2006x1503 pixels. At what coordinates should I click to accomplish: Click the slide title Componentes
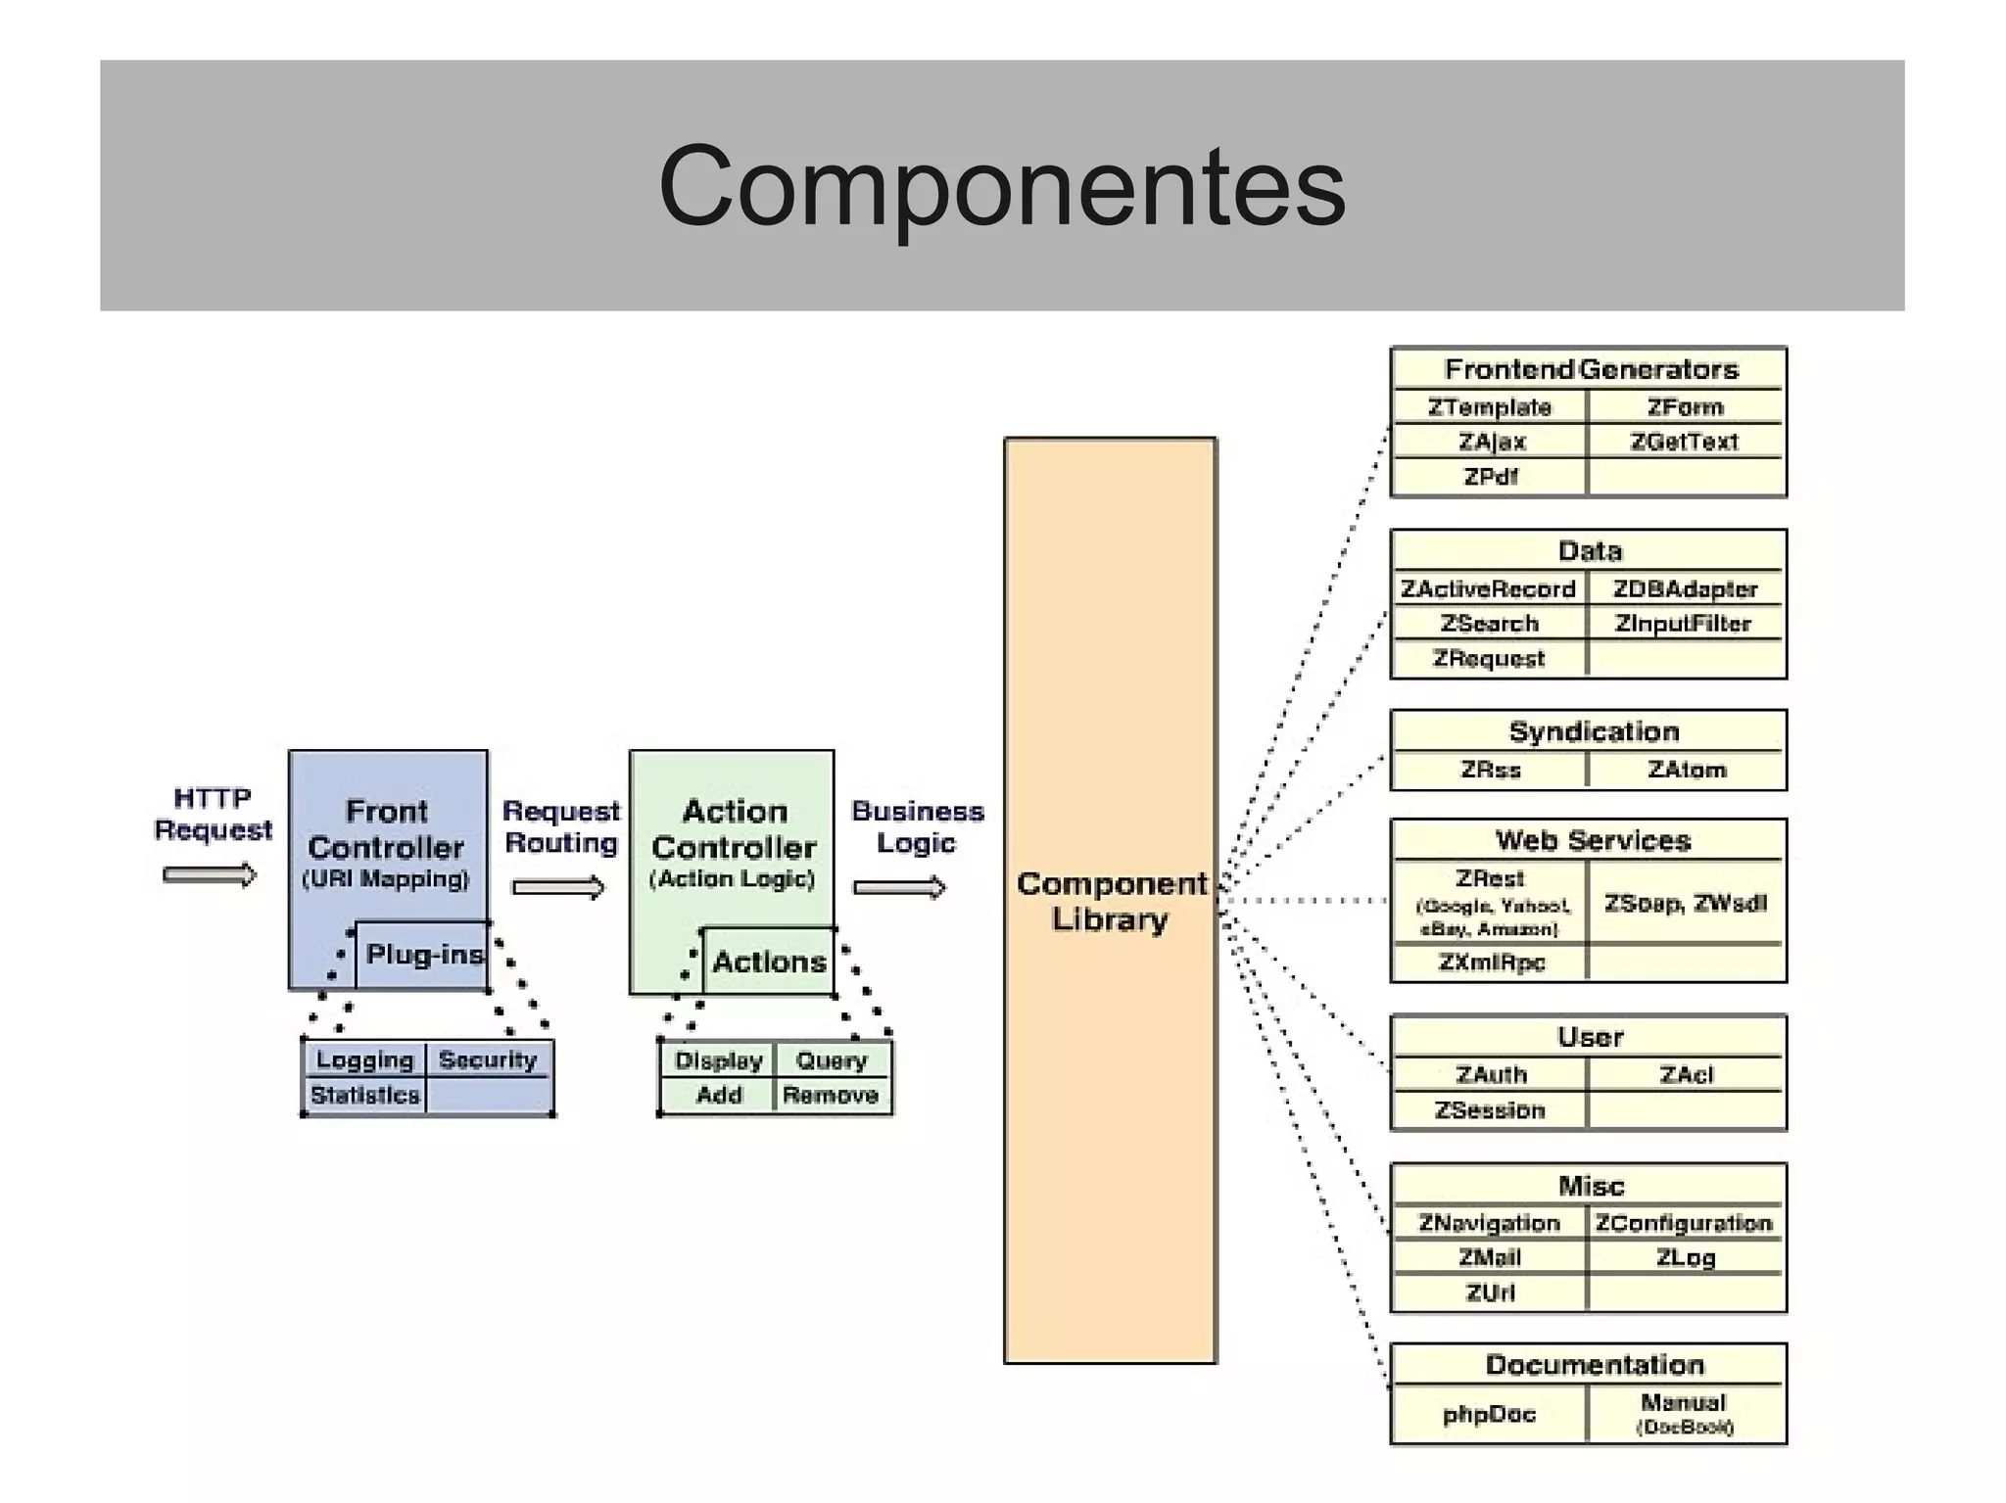pos(1001,186)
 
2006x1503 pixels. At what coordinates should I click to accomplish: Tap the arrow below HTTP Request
pos(209,874)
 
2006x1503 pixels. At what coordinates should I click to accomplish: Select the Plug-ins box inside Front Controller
pos(422,955)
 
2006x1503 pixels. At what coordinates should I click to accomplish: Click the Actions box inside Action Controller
pos(769,962)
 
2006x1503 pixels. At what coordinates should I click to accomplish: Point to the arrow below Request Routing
pos(557,888)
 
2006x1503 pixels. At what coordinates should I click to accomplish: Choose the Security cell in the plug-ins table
pos(488,1059)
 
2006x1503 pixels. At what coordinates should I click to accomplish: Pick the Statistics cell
pos(364,1095)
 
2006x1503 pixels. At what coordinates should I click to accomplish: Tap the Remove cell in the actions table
pos(831,1095)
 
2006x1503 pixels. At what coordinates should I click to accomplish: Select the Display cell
pos(718,1060)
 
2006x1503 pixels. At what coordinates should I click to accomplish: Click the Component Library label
pos(1111,901)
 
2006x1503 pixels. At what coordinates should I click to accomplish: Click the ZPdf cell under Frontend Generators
pos(1490,477)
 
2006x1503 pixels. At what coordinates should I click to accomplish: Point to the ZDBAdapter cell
pos(1685,589)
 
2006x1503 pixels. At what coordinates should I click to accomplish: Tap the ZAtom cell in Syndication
pos(1686,770)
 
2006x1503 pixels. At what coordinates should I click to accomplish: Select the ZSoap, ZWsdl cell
pos(1685,903)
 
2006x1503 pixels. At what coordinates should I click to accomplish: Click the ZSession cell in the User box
pos(1490,1110)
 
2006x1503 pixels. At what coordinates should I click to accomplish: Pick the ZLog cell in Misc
pos(1685,1257)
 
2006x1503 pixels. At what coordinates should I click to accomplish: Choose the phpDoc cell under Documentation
pos(1489,1414)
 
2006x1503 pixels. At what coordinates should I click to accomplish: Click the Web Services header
pos(1592,840)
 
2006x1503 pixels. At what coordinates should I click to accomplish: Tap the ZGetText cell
pos(1684,442)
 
